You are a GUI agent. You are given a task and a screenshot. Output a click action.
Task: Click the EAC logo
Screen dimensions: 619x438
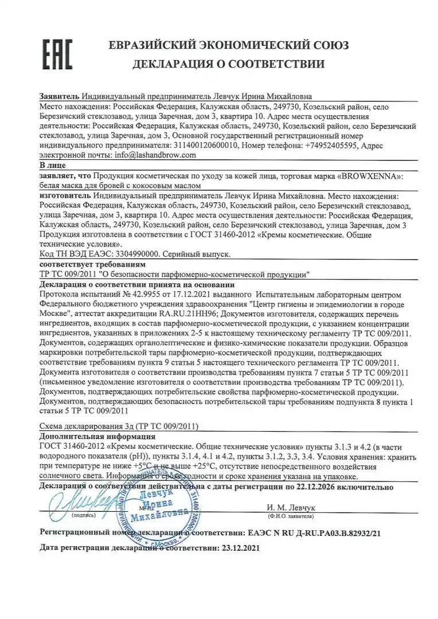tap(56, 54)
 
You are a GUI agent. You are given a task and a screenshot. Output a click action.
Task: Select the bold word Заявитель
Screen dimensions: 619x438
tap(59, 97)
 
